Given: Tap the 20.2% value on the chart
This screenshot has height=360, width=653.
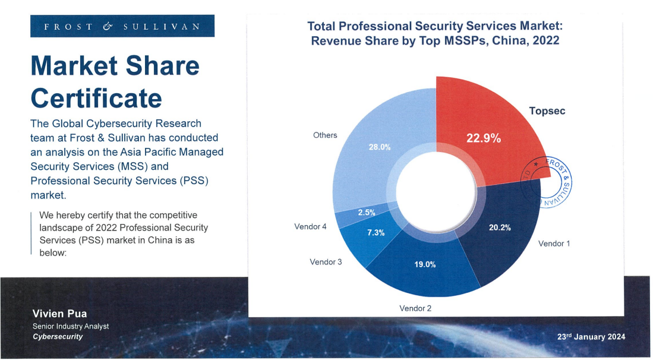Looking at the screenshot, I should point(500,227).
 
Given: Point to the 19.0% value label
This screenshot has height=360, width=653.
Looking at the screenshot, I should point(425,264).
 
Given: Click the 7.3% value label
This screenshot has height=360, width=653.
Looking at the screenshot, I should point(376,233).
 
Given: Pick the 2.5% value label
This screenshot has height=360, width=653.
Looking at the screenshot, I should point(366,213).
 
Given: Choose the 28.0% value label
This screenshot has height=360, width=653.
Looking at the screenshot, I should point(380,147).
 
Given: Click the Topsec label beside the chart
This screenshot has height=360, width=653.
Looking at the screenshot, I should point(547,111).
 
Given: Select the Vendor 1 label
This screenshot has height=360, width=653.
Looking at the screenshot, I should point(554,244).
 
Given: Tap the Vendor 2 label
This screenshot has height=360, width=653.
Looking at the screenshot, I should point(415,308).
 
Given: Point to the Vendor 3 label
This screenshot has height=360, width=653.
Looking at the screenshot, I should point(326,262).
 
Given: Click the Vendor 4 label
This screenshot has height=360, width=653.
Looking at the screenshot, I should point(310,227).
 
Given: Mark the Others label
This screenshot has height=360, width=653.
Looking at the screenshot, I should point(325,135).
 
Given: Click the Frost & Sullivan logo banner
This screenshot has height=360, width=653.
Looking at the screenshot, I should point(122,26).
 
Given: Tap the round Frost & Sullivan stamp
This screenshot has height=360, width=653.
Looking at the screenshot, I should point(546,184).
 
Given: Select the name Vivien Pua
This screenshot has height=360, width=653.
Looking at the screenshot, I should point(55,314).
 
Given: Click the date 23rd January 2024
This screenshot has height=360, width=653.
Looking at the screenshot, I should point(591,337).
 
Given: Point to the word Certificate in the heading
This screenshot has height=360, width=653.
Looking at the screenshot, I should point(96,97).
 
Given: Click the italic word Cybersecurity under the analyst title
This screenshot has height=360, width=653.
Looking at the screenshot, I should point(58,337).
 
